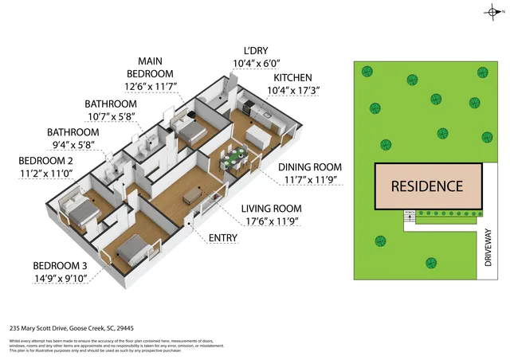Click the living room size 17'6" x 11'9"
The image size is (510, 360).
pos(272,220)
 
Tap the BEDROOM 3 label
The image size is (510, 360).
pos(62,265)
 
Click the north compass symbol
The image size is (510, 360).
pos(491,11)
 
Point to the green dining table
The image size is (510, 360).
pos(234,158)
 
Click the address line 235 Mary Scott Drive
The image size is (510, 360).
pos(71,327)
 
